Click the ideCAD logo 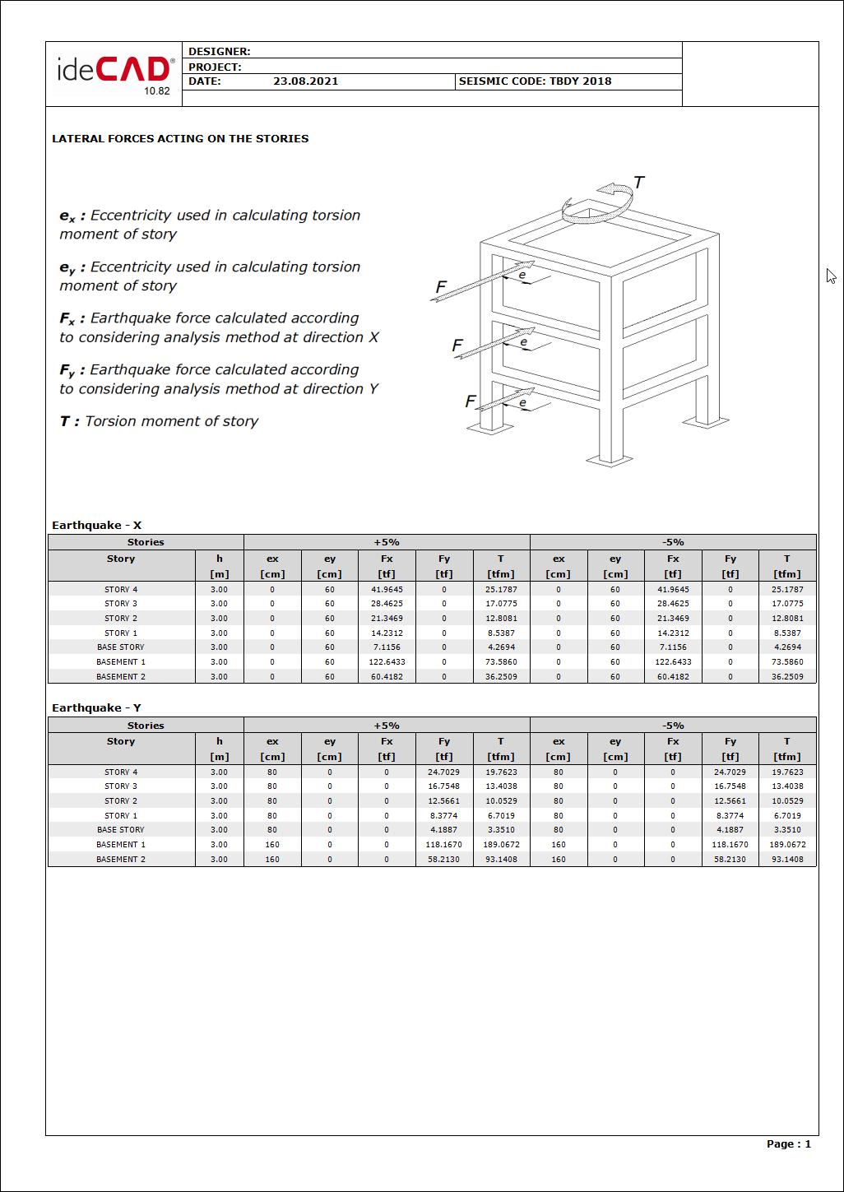pos(114,69)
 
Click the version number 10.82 pos(157,91)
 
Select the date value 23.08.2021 pos(305,81)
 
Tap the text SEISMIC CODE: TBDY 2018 pos(535,81)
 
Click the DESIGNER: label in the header pos(219,52)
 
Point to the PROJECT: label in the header pos(215,67)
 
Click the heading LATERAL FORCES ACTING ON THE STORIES pos(180,139)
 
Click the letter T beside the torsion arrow pos(638,183)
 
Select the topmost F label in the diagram pos(441,287)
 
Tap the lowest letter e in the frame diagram pos(522,403)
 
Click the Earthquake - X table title pos(96,526)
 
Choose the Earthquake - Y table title pos(96,708)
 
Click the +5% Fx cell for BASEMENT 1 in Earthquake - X pos(387,662)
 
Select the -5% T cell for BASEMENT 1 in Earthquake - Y pos(787,845)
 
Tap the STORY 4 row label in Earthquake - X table pos(121,590)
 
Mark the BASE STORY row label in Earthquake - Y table pos(120,830)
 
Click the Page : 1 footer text pos(788,1144)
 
